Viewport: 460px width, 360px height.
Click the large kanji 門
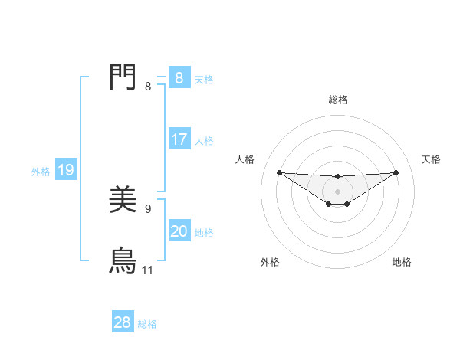(123, 78)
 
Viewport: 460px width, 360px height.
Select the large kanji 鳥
(123, 261)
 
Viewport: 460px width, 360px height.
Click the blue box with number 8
(179, 78)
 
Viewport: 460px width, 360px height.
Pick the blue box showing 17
(179, 139)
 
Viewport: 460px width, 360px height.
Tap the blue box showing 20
(179, 231)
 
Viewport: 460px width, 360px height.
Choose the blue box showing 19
(65, 171)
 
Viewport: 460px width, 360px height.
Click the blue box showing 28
(122, 322)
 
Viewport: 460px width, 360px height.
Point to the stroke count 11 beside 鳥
(147, 270)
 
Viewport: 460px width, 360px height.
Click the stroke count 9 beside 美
(148, 208)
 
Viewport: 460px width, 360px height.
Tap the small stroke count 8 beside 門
(148, 87)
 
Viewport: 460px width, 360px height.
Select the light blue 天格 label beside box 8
(204, 79)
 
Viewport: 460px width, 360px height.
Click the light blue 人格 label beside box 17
(204, 141)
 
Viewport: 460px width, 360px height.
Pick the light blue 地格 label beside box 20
(204, 233)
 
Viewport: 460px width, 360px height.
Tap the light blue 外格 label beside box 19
(41, 172)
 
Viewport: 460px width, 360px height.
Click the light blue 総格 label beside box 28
(147, 324)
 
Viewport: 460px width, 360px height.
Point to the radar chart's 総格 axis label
(337, 100)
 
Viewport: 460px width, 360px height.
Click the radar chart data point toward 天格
(396, 172)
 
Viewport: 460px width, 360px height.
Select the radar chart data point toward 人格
(279, 172)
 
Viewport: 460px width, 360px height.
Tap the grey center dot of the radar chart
(337, 191)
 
